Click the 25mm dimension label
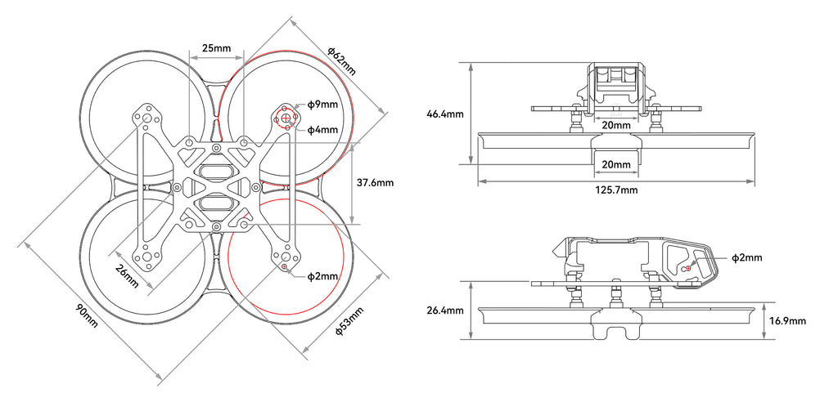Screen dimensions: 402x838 tap(216, 48)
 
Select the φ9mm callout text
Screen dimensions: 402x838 tap(322, 105)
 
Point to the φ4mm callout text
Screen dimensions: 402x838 tap(322, 129)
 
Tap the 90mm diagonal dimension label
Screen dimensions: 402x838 tap(86, 315)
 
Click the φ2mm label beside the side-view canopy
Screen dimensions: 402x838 tap(746, 257)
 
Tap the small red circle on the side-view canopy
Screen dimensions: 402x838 tap(687, 267)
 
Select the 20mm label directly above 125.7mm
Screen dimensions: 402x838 tap(616, 164)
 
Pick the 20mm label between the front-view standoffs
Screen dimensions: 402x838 tap(616, 126)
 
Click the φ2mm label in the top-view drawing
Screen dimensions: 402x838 tap(322, 276)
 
